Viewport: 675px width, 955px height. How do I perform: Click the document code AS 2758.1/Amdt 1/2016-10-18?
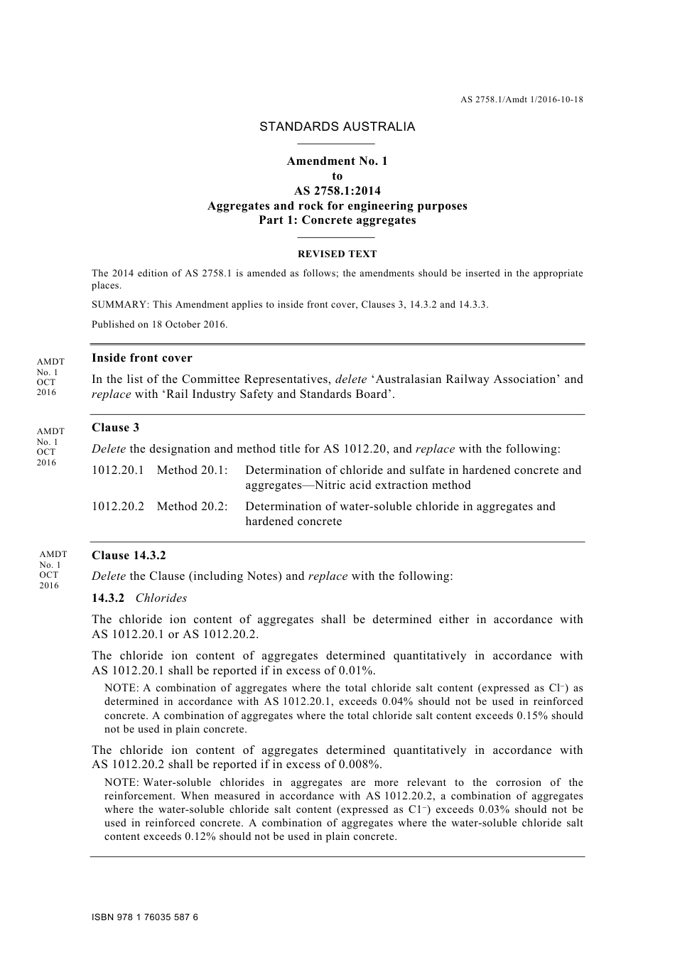(522, 99)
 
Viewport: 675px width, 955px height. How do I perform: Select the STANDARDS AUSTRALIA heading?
(337, 126)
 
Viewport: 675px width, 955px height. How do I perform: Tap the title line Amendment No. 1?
(337, 161)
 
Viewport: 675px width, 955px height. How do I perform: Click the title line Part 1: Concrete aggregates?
(337, 220)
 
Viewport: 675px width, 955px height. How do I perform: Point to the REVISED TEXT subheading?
(337, 254)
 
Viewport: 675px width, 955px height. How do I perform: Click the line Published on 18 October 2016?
(160, 324)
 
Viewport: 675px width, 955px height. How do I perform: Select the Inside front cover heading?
(142, 358)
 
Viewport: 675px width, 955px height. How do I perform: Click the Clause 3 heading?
(116, 428)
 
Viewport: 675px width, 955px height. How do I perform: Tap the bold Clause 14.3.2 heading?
(129, 556)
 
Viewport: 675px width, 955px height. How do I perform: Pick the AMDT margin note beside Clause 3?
(50, 446)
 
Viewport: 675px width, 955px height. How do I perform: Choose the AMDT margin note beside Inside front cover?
(50, 377)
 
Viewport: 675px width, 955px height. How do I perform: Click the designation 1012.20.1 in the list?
(118, 470)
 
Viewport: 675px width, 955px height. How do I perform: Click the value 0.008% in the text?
(362, 765)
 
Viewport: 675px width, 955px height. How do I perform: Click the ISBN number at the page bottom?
(145, 917)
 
